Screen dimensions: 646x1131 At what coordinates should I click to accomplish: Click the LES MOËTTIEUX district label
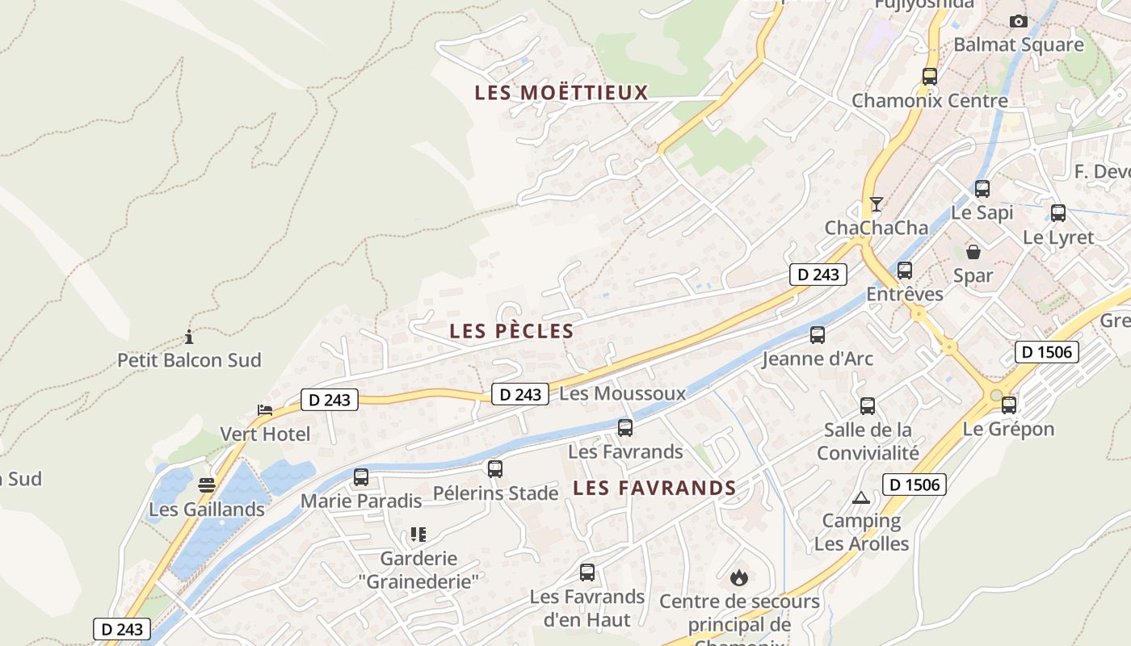561,93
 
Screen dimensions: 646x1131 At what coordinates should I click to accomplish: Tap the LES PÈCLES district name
511,331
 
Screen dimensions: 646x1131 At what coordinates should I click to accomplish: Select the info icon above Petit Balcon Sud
189,337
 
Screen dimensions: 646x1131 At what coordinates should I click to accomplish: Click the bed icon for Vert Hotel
265,410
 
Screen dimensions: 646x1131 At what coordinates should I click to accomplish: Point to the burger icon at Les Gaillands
207,485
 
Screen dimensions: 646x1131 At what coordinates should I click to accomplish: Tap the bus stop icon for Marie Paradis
361,477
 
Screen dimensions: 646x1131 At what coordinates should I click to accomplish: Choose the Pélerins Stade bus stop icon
495,468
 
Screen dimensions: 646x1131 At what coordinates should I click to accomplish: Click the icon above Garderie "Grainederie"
418,535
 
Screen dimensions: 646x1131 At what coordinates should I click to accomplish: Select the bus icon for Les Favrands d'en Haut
587,573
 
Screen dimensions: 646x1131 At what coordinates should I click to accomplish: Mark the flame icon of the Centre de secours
738,577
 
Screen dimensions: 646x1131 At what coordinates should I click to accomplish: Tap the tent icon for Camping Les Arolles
861,497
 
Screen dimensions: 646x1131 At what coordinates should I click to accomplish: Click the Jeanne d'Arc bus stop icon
818,334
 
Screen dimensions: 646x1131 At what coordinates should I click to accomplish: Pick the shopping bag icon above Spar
973,252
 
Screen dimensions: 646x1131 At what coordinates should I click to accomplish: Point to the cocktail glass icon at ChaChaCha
876,203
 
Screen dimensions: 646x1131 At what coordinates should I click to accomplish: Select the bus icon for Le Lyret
1058,213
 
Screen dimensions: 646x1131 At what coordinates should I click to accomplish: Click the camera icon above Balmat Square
1019,21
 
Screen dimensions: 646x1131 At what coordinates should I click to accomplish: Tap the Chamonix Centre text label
930,101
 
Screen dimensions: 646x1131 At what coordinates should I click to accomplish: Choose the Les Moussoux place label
622,393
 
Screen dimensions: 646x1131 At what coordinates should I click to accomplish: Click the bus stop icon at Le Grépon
1009,405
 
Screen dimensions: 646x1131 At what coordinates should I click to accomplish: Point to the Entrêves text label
905,294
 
